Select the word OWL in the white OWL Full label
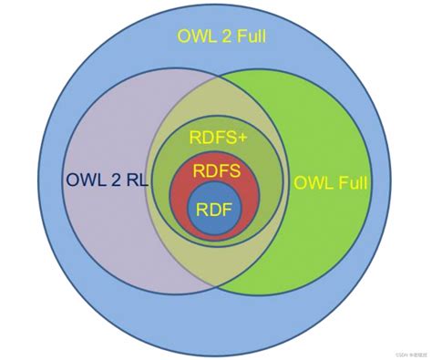[x=312, y=182]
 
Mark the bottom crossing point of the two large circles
[x=215, y=288]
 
